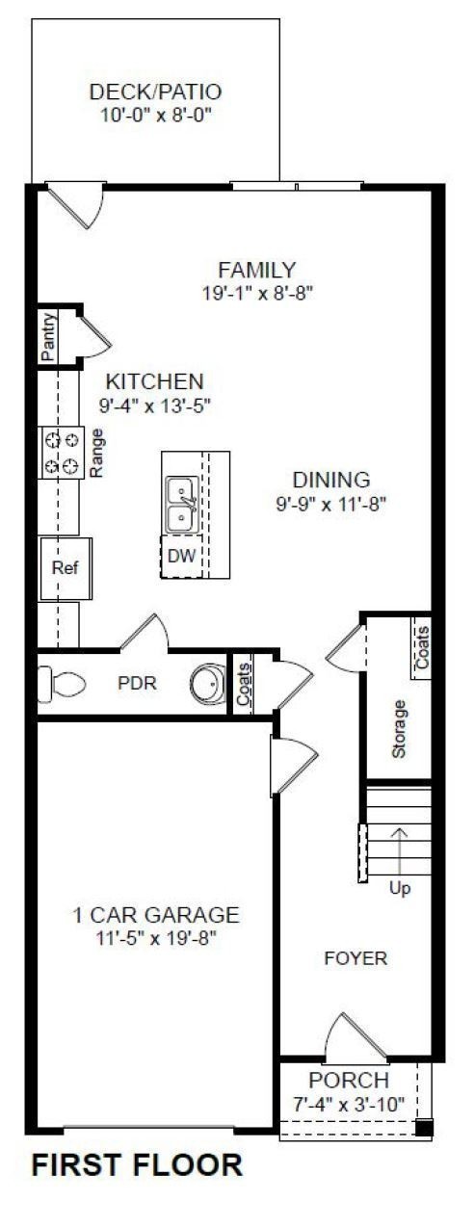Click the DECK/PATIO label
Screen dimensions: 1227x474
pyautogui.click(x=155, y=92)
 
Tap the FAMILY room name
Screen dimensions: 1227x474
pyautogui.click(x=256, y=270)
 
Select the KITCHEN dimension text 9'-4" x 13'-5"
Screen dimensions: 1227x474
pyautogui.click(x=154, y=405)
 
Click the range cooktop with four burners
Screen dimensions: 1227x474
pyautogui.click(x=62, y=452)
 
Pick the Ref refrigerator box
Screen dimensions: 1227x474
pyautogui.click(x=64, y=567)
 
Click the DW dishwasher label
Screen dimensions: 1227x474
pyautogui.click(x=180, y=556)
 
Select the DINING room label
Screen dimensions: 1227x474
pyautogui.click(x=330, y=479)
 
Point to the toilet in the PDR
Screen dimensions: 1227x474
pyautogui.click(x=61, y=684)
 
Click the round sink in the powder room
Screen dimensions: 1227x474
pyautogui.click(x=205, y=684)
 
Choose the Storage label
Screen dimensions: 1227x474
pyautogui.click(x=400, y=727)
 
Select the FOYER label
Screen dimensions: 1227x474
pyautogui.click(x=355, y=958)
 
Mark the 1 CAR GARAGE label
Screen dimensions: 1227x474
pyautogui.click(x=155, y=915)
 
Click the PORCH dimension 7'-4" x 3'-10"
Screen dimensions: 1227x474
pyautogui.click(x=349, y=1104)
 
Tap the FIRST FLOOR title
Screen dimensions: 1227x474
pyautogui.click(x=137, y=1165)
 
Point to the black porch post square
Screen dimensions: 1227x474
pyautogui.click(x=424, y=1128)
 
